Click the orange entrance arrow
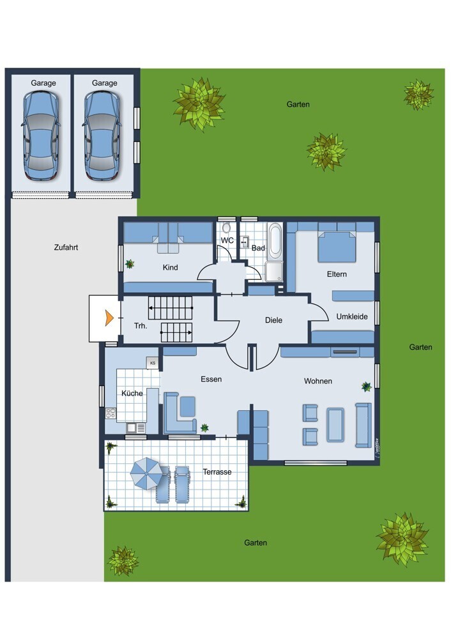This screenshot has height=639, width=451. (109, 318)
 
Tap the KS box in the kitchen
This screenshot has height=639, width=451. (153, 363)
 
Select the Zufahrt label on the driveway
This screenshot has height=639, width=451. (66, 247)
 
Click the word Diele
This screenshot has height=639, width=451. (273, 320)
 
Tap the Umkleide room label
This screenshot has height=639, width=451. (352, 317)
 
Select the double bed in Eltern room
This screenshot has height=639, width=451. (337, 247)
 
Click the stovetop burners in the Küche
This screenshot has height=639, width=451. (111, 413)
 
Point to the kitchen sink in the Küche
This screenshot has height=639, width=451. (135, 428)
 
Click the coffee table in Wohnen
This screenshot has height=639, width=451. (335, 425)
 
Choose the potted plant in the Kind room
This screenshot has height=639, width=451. (130, 264)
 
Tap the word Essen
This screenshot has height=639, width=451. (211, 380)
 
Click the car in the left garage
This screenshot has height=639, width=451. (41, 135)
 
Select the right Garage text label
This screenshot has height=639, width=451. (104, 83)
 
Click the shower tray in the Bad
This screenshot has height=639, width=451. (274, 272)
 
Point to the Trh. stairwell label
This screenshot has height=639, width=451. (141, 326)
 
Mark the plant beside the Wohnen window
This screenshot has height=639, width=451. (366, 387)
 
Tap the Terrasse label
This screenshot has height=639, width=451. (217, 472)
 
